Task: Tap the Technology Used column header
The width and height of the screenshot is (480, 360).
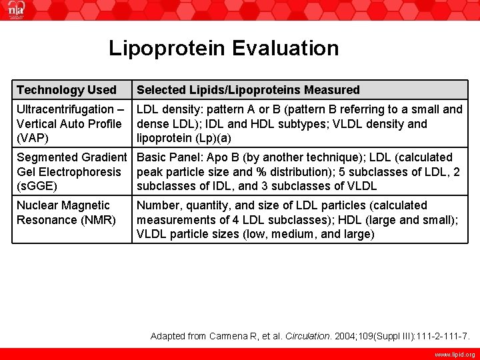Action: [x=66, y=90]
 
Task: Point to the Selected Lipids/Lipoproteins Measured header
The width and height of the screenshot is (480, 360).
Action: [x=248, y=90]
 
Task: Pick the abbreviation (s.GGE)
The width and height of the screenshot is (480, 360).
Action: [x=37, y=186]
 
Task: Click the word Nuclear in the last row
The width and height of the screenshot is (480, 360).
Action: [x=38, y=205]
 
